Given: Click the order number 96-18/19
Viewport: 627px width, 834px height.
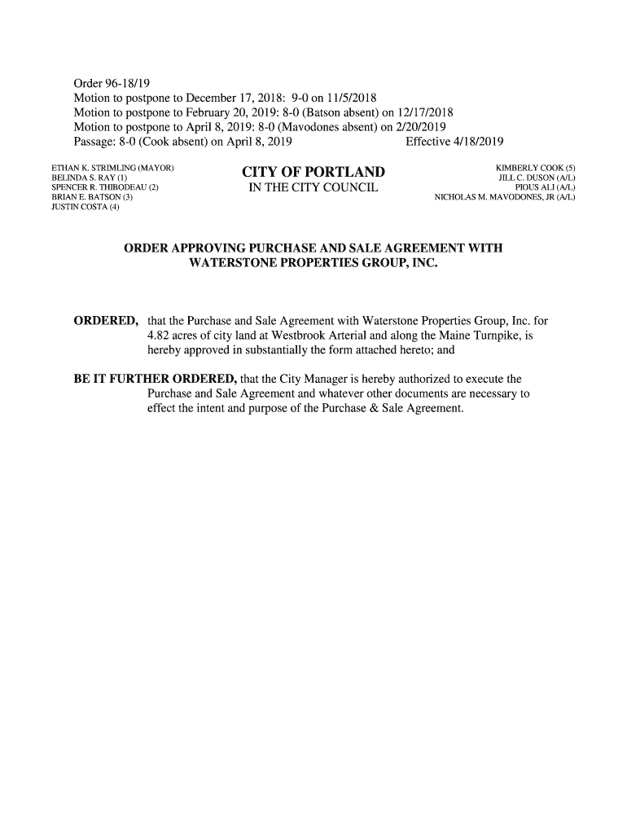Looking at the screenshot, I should click(x=129, y=83).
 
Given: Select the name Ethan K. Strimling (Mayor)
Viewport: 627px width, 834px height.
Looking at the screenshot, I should click(x=113, y=168).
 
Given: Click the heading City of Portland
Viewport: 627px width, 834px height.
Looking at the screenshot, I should click(x=313, y=173).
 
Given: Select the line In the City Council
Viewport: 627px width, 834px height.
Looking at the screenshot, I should click(x=313, y=190).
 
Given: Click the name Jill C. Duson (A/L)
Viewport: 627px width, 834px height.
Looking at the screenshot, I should click(x=537, y=178).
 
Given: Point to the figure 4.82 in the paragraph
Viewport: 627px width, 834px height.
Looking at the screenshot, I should click(x=160, y=335).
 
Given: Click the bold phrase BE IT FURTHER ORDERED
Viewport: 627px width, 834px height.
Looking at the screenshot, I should click(x=155, y=379).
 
